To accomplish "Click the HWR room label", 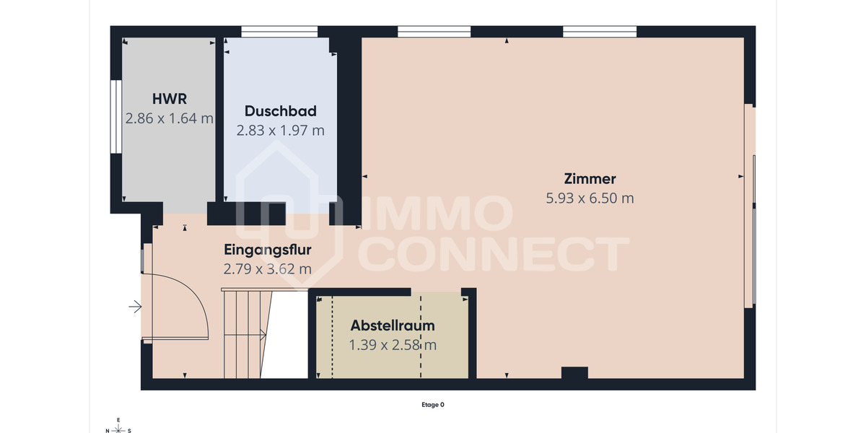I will coord(170,99).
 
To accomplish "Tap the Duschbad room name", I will coord(280,111).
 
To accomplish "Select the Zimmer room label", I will coord(590,179).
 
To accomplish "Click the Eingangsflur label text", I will coord(268,250).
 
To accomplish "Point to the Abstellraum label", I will coord(393,325).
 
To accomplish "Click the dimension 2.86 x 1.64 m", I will coord(170,118).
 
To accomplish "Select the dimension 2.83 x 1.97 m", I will coord(280,131).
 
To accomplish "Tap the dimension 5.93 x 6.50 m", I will coord(590,198).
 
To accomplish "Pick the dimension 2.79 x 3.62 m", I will coord(268,269).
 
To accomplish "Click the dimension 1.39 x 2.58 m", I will coord(393,345).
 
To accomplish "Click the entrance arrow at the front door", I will coord(135,307).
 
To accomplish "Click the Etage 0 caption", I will coord(432,405).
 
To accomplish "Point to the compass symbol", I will coord(118,426).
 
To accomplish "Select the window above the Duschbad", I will coord(279,32).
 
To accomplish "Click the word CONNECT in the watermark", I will coord(494,254).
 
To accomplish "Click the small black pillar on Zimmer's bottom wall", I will coord(574,372).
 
